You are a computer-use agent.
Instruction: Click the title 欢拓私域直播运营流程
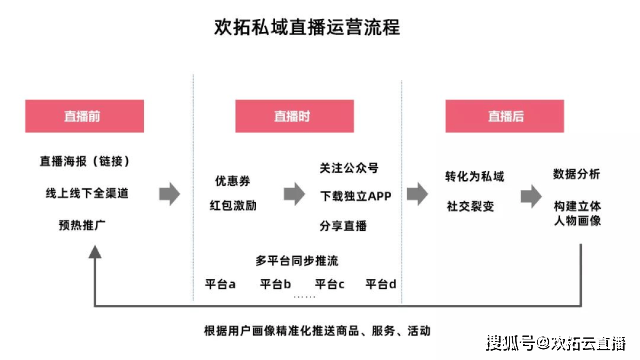click(x=307, y=27)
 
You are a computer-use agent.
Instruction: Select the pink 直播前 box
click(x=81, y=117)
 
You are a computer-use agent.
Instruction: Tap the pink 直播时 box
click(x=292, y=117)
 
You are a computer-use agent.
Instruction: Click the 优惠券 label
click(x=232, y=181)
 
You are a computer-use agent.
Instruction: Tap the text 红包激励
click(x=232, y=205)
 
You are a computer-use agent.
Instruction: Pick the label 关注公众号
click(x=350, y=167)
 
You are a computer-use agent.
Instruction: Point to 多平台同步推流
click(x=297, y=260)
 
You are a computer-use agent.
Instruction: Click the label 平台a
click(x=219, y=284)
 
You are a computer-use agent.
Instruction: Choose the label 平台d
click(x=381, y=284)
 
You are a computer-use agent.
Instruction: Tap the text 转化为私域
click(x=475, y=177)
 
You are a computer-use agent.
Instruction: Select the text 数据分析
click(x=577, y=174)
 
